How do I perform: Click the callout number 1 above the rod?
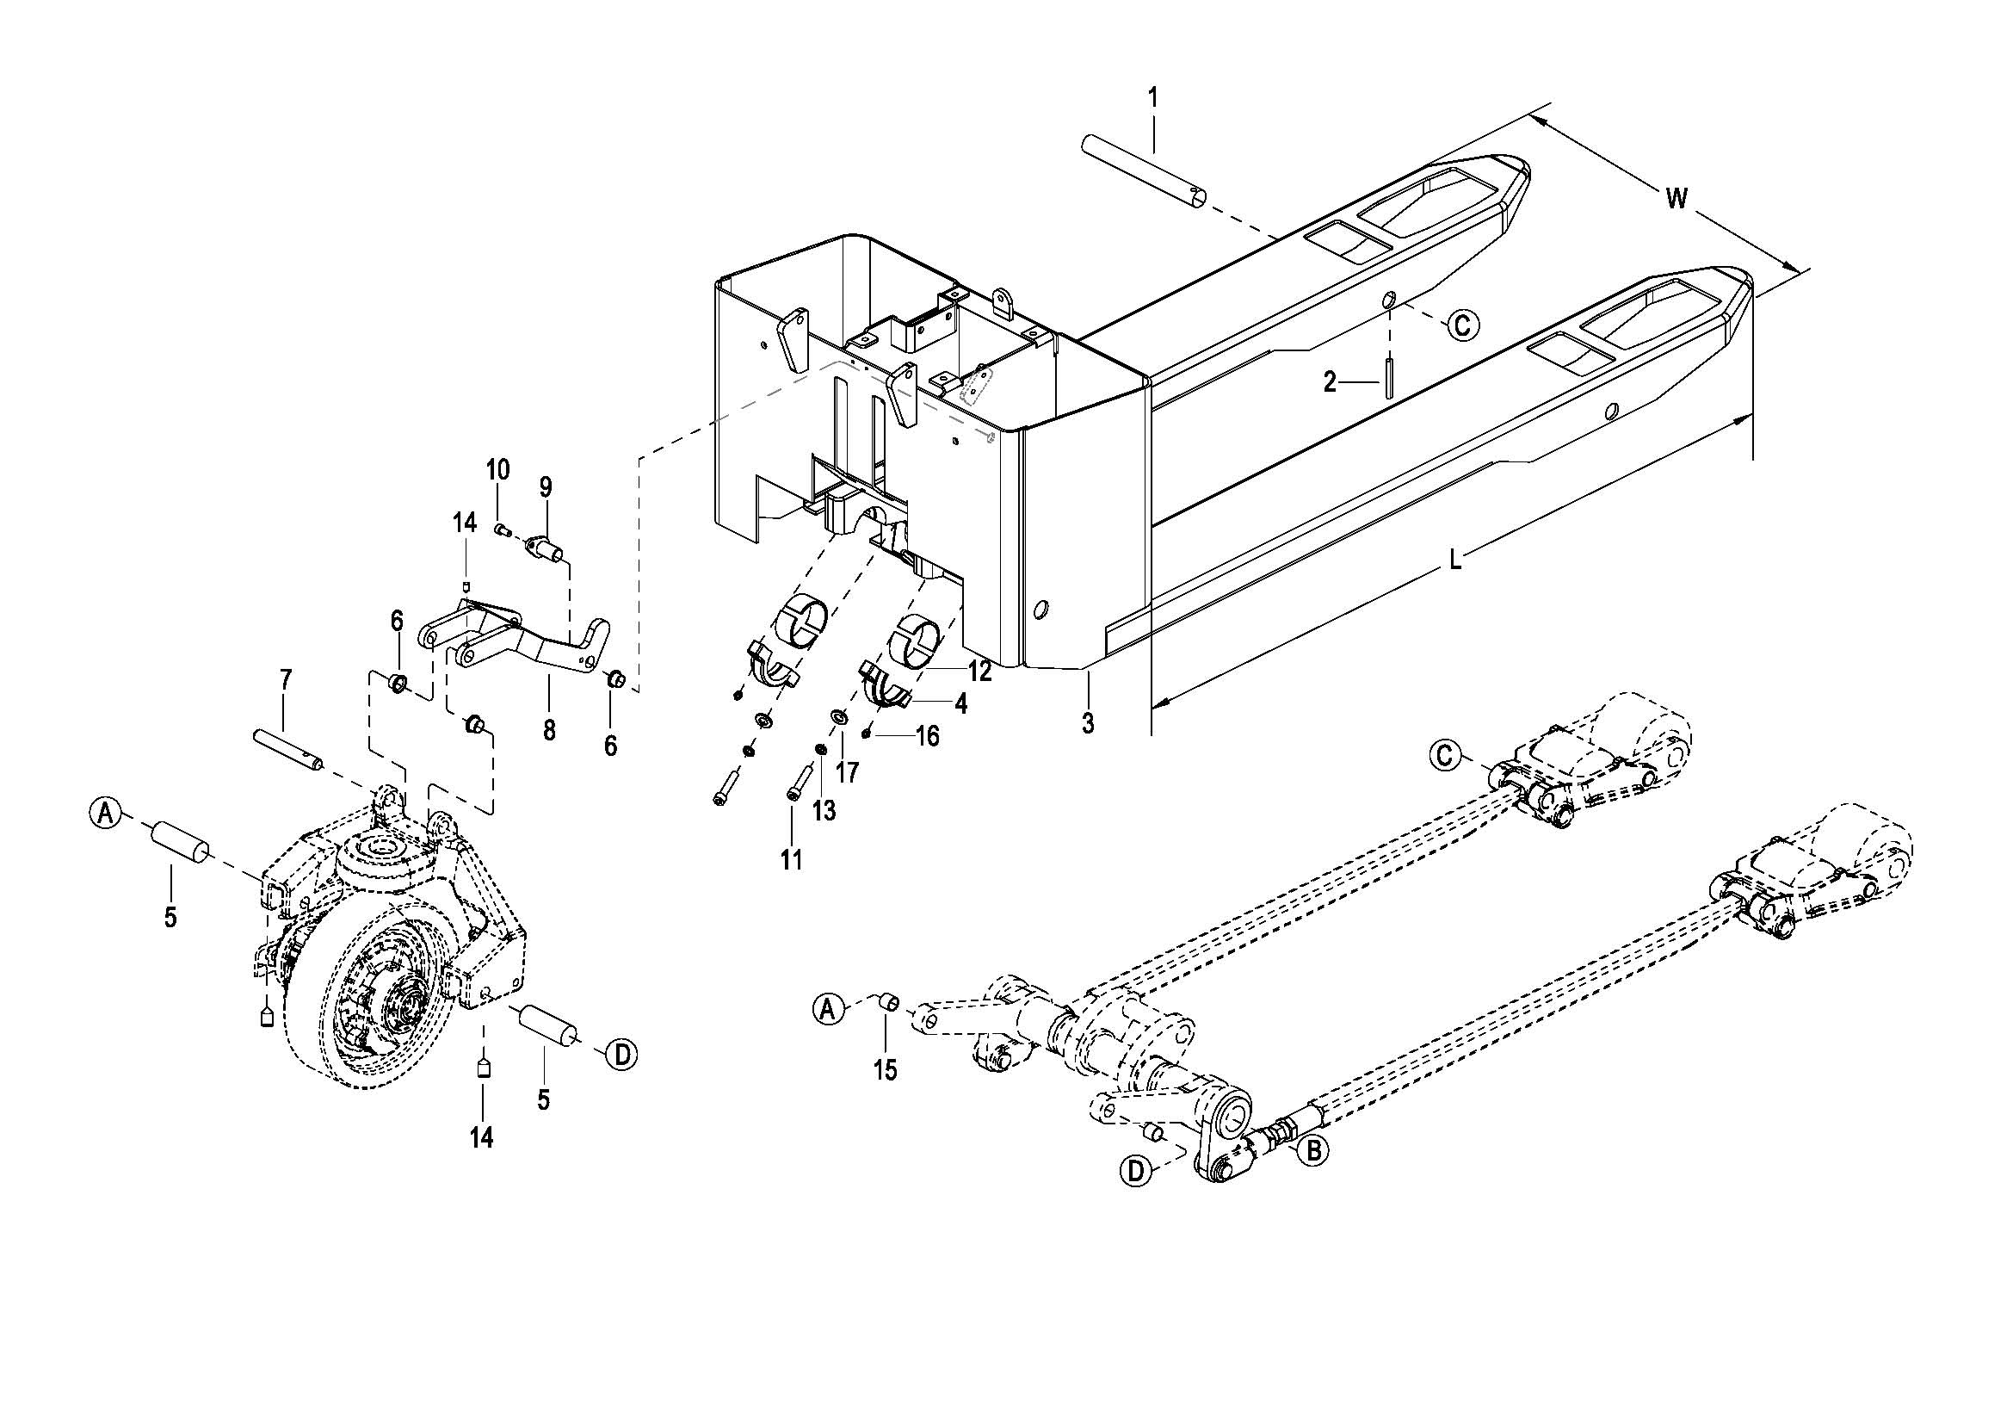1154,97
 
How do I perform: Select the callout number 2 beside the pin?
1330,382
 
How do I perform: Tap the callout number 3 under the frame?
1088,723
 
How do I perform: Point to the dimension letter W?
1676,199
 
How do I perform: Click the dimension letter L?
1454,560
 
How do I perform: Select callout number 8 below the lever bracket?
549,730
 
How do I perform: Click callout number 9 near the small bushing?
546,486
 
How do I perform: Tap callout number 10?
497,470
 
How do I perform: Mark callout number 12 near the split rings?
979,672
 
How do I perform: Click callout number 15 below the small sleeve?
886,1070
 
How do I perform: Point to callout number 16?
927,735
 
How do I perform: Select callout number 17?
847,771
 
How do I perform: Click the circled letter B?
1312,1149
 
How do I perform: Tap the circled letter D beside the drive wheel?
621,1055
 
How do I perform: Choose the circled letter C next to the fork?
1462,325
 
